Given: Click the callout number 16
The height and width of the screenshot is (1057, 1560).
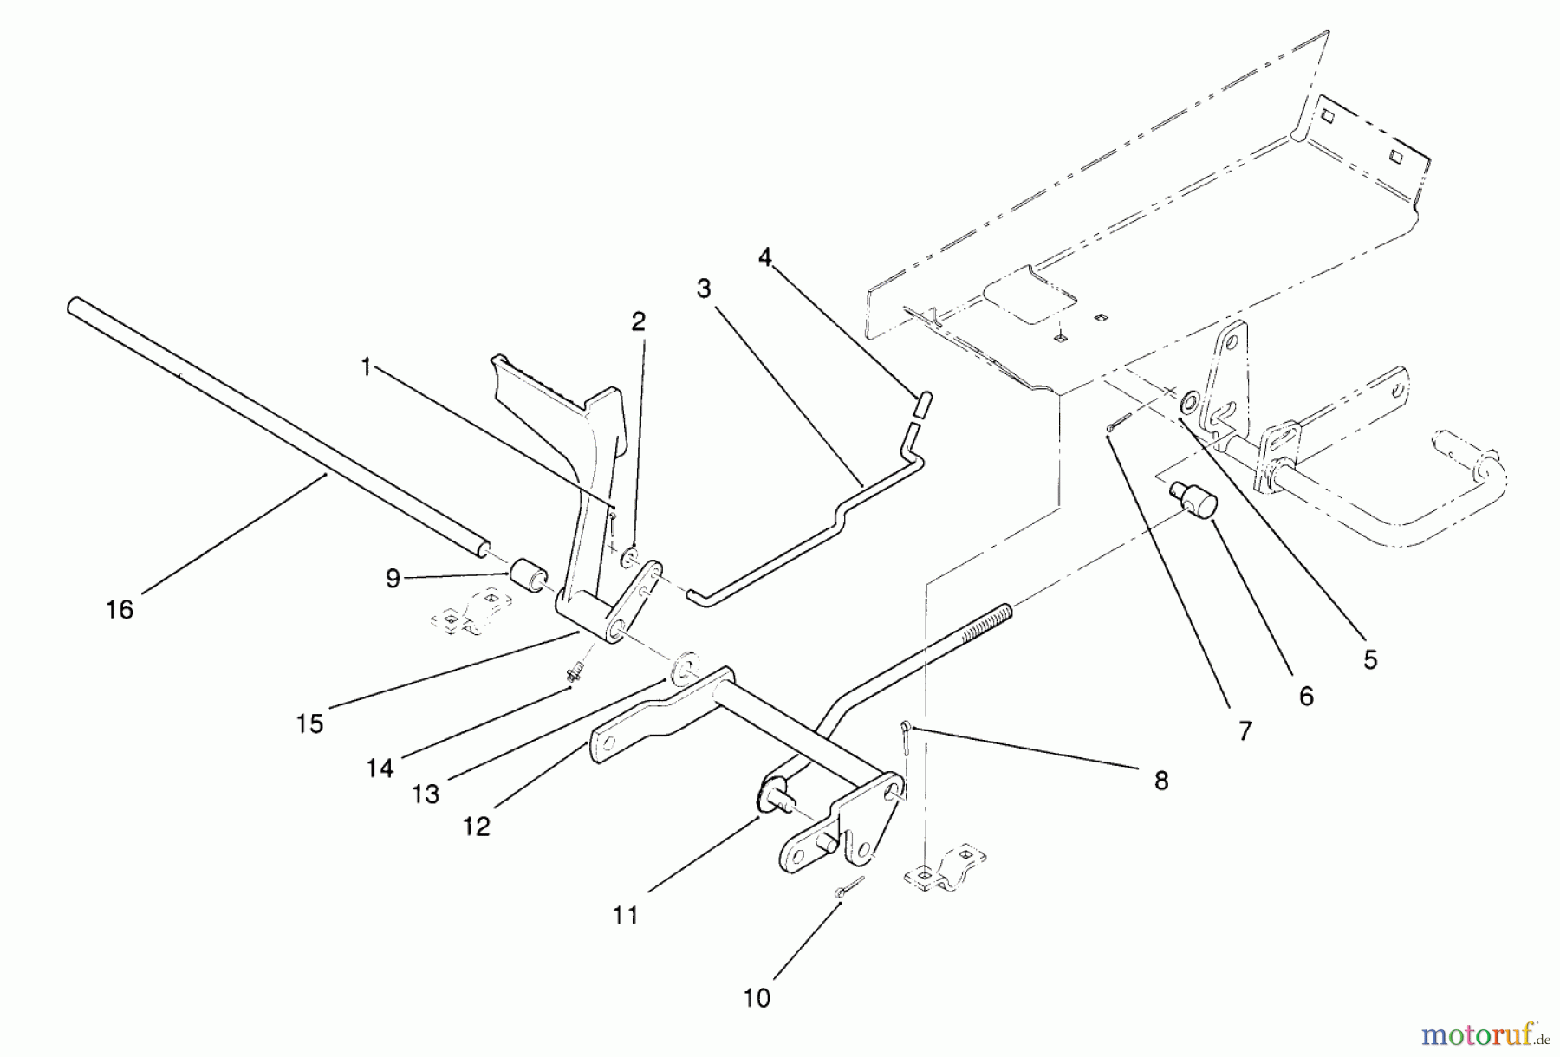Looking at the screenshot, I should (120, 610).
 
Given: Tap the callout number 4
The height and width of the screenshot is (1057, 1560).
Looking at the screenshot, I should (764, 257).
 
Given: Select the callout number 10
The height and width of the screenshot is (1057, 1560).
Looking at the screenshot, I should (757, 998).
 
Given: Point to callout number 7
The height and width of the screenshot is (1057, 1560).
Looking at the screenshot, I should (1245, 732).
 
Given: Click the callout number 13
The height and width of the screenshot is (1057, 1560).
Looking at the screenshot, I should (426, 794).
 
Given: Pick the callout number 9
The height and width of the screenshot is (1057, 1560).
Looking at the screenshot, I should (393, 579).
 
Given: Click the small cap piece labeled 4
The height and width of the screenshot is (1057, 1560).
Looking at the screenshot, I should (922, 405).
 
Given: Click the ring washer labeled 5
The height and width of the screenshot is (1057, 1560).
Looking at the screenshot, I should (1191, 401).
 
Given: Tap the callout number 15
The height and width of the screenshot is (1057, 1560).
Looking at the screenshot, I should (309, 723).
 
